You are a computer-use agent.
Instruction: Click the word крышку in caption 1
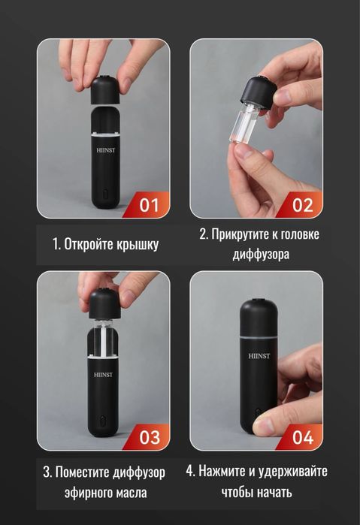(x=139, y=244)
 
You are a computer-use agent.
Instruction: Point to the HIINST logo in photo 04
(x=257, y=360)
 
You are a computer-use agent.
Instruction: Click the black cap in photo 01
(x=105, y=91)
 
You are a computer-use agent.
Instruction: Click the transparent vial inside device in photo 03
(x=104, y=339)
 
